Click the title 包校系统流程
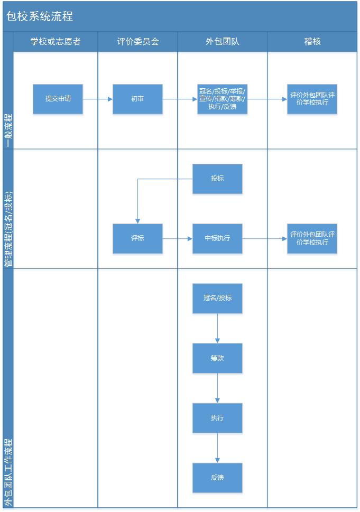(x=39, y=16)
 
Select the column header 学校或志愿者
(x=55, y=41)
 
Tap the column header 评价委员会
(x=138, y=41)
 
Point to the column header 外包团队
(x=223, y=41)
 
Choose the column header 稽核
(x=312, y=41)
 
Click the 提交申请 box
(x=58, y=99)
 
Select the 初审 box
(x=137, y=99)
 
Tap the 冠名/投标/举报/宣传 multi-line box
(x=222, y=99)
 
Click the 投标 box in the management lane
(x=217, y=179)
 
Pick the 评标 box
(x=137, y=238)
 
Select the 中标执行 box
(x=217, y=238)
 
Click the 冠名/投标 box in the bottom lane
(x=217, y=298)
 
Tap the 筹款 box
(x=217, y=358)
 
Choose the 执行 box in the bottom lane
(x=217, y=418)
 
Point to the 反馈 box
(x=217, y=478)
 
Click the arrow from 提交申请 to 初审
(x=98, y=99)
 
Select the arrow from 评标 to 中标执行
(x=178, y=239)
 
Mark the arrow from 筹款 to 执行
(x=217, y=388)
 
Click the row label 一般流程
(x=8, y=131)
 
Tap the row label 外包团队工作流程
(x=8, y=472)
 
